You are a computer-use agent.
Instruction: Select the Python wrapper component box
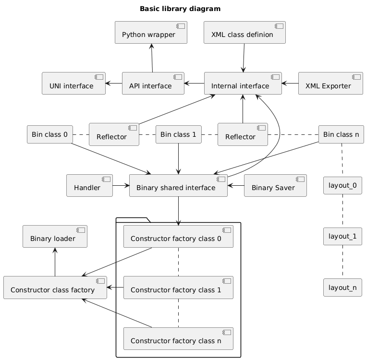point(151,33)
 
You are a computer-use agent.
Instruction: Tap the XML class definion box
point(244,33)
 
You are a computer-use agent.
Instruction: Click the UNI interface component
point(73,84)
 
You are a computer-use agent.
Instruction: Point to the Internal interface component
point(243,84)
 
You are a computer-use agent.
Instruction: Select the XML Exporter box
point(330,84)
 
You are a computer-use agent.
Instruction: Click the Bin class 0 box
point(49,134)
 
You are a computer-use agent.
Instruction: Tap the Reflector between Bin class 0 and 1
point(114,134)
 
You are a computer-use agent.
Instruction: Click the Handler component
point(89,186)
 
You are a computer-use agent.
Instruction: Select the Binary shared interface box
point(178,186)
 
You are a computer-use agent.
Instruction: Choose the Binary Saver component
point(275,186)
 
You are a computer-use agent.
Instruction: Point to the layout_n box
point(342,288)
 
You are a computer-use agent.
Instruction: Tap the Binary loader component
point(55,237)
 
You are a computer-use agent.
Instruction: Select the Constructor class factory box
point(55,288)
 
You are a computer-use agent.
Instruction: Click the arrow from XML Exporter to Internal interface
point(290,84)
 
